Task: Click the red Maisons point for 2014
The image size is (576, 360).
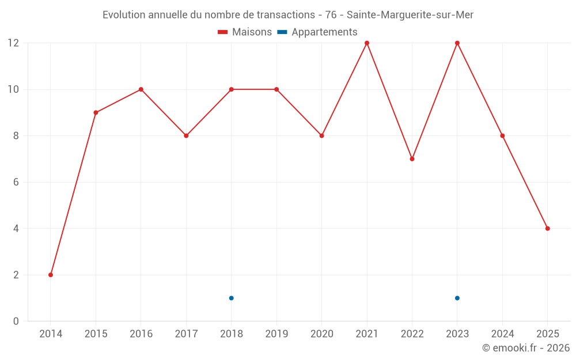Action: point(51,275)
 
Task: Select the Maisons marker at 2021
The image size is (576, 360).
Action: point(367,43)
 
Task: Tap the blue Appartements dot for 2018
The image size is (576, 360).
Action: point(232,298)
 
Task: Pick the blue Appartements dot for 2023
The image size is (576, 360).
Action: point(457,298)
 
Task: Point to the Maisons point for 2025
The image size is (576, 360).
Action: point(548,229)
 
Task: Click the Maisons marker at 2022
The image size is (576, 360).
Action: point(412,159)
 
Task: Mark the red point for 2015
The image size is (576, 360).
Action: point(96,112)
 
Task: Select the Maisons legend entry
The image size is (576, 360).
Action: point(245,32)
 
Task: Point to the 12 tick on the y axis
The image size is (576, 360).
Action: point(13,43)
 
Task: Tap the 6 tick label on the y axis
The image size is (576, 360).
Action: point(16,182)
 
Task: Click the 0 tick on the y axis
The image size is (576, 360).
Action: point(16,321)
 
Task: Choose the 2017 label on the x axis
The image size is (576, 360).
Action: point(186,334)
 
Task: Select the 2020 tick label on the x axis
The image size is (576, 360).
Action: point(321,334)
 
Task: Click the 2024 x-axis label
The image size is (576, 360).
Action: point(502,334)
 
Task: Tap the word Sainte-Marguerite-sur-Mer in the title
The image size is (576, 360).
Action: point(410,15)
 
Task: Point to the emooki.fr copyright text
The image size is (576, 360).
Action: point(525,348)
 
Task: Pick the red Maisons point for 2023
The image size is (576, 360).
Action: point(457,43)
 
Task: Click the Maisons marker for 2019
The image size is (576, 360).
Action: point(276,89)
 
